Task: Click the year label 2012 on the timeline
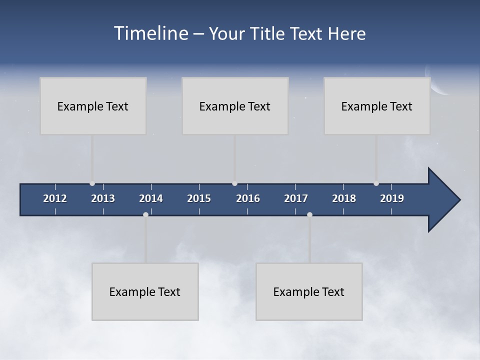55,198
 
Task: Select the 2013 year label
103,198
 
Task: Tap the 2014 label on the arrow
151,198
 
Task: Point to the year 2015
199,198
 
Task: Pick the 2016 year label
248,198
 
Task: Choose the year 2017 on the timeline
296,198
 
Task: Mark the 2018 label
344,198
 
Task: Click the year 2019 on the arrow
392,198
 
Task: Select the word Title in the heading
267,34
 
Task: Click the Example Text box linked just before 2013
93,106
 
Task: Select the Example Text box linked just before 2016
235,106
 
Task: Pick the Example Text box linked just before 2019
377,106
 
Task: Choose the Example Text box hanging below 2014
145,291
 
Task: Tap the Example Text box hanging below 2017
309,291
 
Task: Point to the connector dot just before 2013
92,183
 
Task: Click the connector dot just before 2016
235,183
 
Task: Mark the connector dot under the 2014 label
145,214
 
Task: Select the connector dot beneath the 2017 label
309,214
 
